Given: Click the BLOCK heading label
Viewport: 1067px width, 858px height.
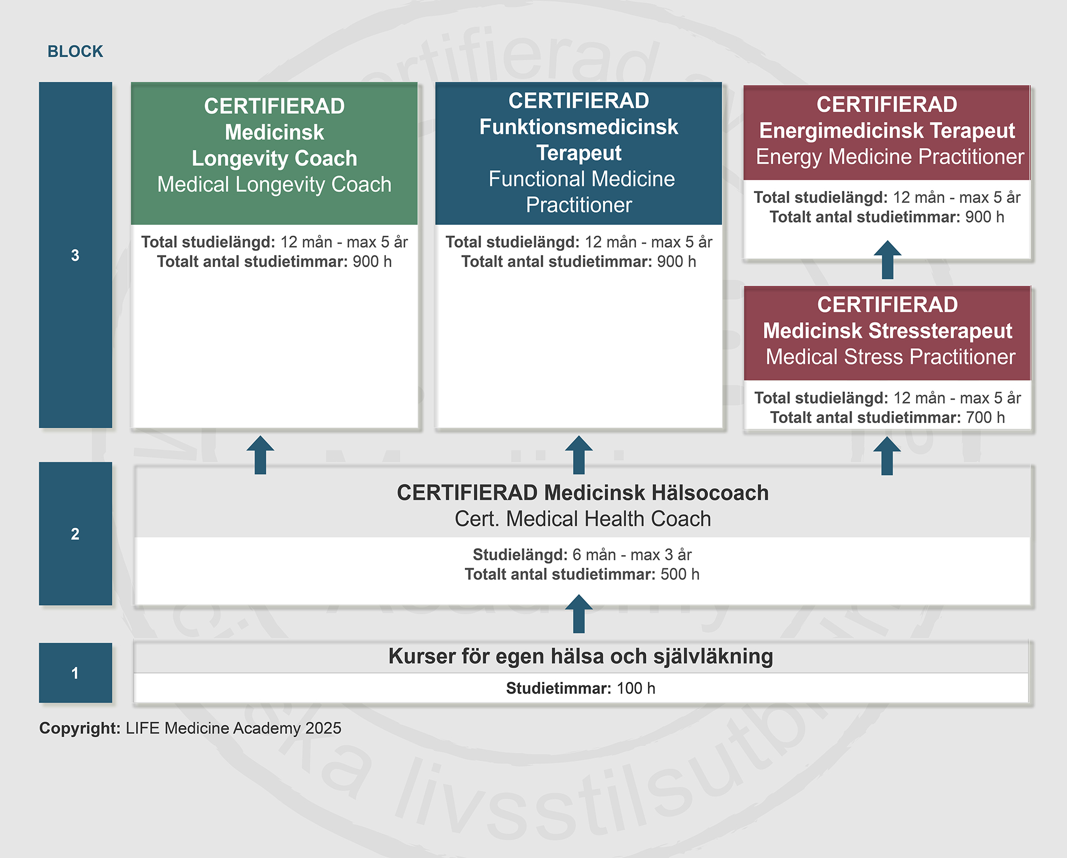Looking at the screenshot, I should [75, 52].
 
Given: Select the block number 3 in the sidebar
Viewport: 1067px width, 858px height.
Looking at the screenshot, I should [75, 255].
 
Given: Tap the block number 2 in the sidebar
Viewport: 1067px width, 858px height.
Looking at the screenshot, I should [75, 534].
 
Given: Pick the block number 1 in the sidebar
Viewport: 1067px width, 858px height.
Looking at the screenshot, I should [75, 673].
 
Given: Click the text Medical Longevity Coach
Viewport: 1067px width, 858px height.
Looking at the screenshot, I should [274, 185].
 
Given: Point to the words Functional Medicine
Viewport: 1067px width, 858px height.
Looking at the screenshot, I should [581, 179].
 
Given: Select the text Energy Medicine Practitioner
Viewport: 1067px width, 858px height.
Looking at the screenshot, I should [890, 157].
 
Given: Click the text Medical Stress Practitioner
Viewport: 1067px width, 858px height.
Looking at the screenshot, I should [890, 357].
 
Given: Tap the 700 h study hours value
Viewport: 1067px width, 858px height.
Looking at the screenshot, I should [985, 417].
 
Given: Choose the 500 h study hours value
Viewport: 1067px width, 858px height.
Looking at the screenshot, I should [680, 574].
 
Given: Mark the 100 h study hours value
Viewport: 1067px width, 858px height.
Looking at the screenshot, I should [636, 688].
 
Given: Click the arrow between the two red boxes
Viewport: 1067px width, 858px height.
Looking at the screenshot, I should [887, 260].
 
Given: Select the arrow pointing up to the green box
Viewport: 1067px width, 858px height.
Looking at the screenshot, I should [260, 455].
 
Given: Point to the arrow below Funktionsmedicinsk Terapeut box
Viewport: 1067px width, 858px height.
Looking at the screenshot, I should [579, 455].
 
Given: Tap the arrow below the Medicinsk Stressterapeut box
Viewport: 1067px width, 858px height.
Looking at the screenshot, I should [887, 456].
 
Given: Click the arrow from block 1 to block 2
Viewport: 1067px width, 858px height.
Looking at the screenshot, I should [579, 614].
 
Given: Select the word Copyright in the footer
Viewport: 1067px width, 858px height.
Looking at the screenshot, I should [80, 728].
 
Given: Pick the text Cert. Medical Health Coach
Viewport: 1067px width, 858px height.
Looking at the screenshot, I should [582, 519].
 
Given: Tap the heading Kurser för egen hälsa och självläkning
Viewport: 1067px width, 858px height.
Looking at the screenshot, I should [580, 656].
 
